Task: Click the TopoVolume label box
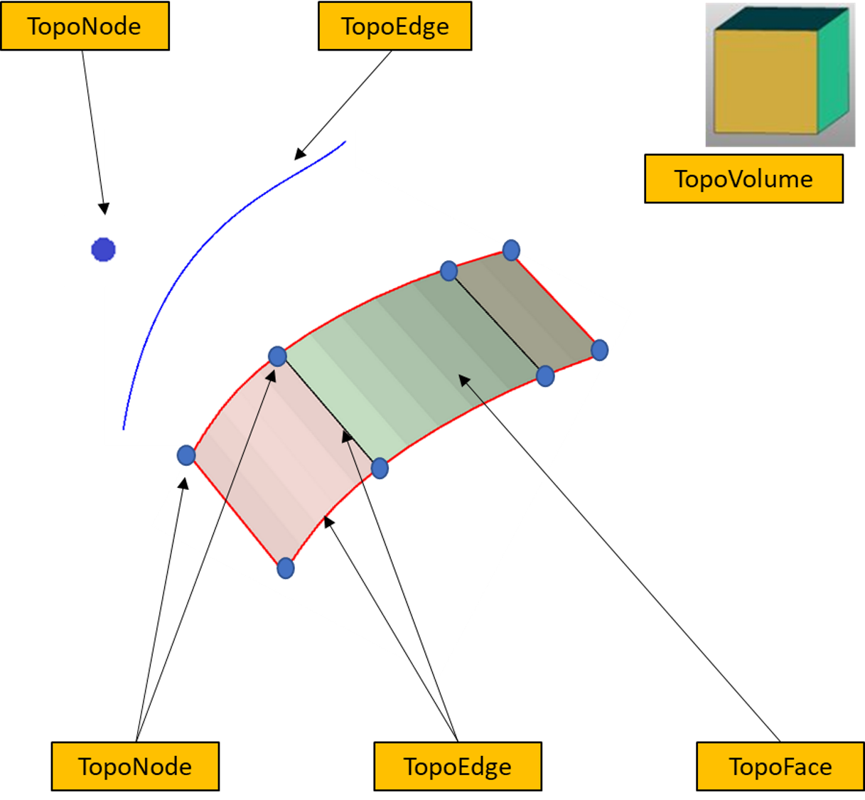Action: [x=743, y=178]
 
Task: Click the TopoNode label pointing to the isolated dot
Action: [x=85, y=26]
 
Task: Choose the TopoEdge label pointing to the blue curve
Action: [x=394, y=26]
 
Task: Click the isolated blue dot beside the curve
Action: [x=103, y=250]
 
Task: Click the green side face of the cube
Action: [x=834, y=70]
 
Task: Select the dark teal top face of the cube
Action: [x=782, y=19]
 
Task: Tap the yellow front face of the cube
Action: [x=765, y=82]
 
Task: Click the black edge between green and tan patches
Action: [x=497, y=323]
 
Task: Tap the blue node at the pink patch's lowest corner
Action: [x=285, y=568]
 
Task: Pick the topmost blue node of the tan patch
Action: [x=511, y=250]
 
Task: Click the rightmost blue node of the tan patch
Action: [x=599, y=350]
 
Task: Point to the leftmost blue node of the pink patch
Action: [x=186, y=455]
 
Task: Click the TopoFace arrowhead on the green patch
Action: [x=464, y=380]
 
